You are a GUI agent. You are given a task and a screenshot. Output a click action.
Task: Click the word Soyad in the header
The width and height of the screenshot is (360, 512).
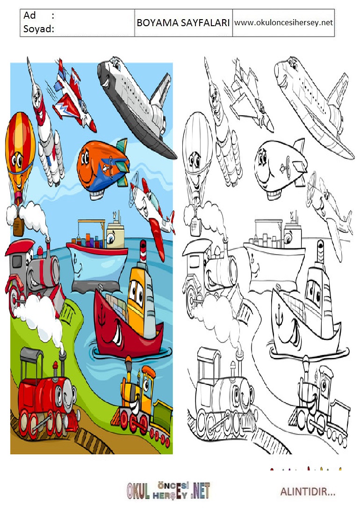[37, 29]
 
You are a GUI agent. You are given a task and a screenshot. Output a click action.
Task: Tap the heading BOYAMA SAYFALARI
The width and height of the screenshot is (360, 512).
[183, 22]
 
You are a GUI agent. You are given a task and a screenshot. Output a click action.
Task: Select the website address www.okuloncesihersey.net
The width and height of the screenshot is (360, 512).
[283, 22]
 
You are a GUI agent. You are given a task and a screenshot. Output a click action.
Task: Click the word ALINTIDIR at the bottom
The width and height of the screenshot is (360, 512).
[308, 491]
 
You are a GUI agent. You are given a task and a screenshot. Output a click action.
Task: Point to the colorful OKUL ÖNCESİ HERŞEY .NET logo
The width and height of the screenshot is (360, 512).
[168, 491]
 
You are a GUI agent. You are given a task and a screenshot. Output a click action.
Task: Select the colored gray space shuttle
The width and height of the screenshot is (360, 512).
[137, 105]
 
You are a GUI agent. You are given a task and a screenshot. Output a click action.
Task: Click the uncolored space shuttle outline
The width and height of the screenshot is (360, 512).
[314, 105]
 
